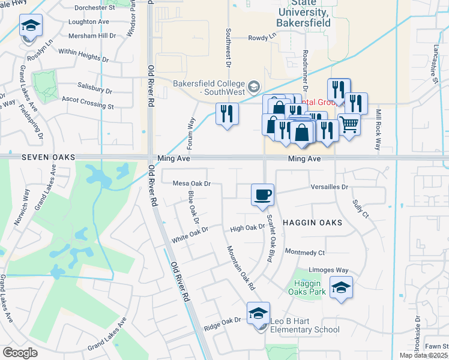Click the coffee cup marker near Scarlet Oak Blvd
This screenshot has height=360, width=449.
[x=262, y=195]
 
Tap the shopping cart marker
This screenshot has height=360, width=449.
[x=349, y=125]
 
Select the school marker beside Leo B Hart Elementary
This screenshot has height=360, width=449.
[x=258, y=313]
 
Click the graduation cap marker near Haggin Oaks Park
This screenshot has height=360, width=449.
[x=341, y=287]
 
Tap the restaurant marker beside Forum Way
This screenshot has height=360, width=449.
[x=227, y=113]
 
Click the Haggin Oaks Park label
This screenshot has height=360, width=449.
[x=310, y=287]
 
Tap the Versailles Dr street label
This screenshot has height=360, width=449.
[x=330, y=187]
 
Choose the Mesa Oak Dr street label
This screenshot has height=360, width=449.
[x=192, y=183]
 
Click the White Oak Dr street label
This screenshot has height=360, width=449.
[x=190, y=233]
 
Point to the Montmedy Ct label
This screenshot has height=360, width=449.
[x=305, y=253]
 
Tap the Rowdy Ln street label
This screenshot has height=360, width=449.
[x=263, y=37]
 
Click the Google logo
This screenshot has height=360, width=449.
[x=20, y=353]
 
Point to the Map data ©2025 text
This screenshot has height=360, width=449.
[x=420, y=355]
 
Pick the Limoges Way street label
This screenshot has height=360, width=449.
[x=328, y=270]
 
